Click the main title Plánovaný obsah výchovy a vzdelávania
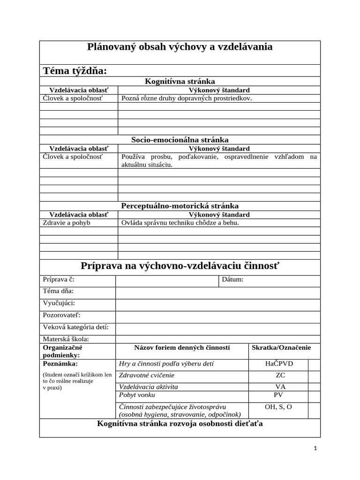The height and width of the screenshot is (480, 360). click(180, 47)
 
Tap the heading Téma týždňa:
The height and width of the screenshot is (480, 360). click(75, 71)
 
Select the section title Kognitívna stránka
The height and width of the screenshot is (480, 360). click(180, 82)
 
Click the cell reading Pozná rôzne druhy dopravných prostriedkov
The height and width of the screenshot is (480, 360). click(187, 98)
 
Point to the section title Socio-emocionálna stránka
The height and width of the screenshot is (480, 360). click(180, 140)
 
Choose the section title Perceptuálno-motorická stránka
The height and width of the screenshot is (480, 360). click(180, 206)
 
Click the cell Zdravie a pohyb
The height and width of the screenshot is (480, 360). click(67, 223)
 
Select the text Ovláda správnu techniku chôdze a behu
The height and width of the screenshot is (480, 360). click(180, 223)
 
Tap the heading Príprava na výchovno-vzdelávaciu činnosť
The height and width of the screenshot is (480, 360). click(180, 266)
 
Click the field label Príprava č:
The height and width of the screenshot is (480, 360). click(59, 280)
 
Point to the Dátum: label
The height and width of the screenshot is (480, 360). click(232, 280)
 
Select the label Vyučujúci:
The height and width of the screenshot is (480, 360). click(59, 303)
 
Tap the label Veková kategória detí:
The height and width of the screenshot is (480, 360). click(76, 327)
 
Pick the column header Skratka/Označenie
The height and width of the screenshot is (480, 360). click(281, 348)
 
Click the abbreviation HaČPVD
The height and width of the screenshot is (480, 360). click(279, 364)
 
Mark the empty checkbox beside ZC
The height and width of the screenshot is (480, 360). click(314, 375)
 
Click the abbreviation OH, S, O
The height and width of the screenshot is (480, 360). click(278, 407)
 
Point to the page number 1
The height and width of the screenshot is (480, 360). click(315, 449)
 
